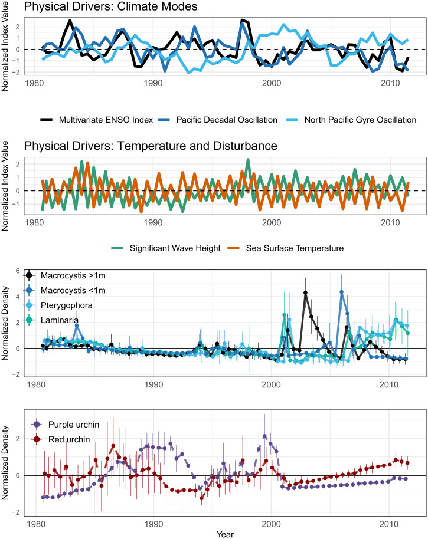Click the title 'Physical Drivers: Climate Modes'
click(110, 6)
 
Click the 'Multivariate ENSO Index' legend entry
click(97, 120)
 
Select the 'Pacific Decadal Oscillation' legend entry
click(218, 120)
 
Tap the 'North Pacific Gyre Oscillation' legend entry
click(351, 120)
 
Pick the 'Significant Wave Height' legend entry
click(166, 248)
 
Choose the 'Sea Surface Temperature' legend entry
click(286, 248)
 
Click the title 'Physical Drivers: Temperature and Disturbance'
click(151, 146)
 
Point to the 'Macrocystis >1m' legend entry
click(66, 275)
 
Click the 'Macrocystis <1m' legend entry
click(66, 291)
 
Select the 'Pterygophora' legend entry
click(59, 305)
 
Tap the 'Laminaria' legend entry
click(52, 320)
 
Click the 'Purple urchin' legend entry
click(66, 425)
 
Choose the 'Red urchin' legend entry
click(61, 439)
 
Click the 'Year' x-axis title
click(225, 534)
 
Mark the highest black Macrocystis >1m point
click(305, 293)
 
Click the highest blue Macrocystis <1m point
click(342, 292)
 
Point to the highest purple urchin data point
click(264, 436)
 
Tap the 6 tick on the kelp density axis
click(18, 271)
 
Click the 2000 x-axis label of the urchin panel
click(271, 525)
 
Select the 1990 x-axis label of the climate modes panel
click(153, 83)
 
